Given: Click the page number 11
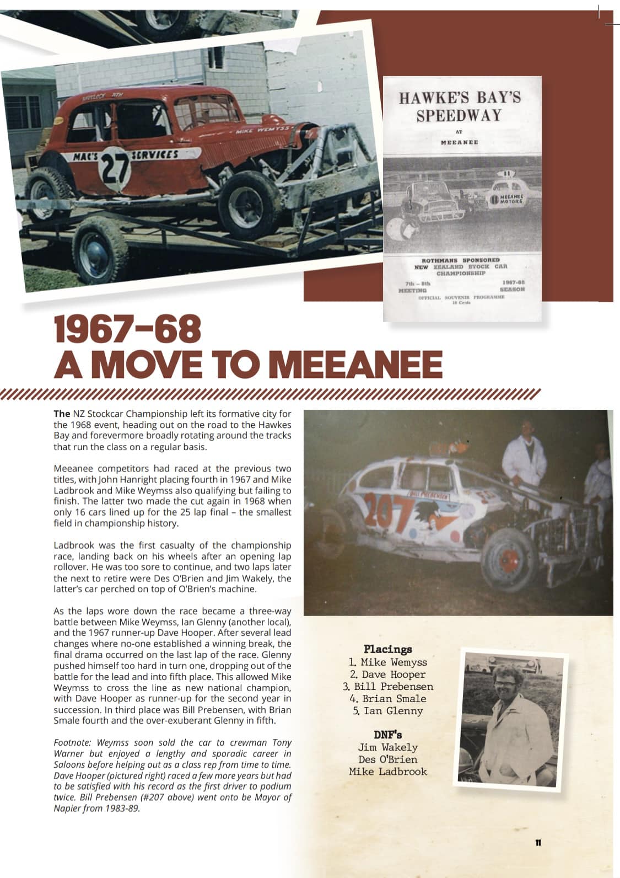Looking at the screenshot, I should click(538, 843).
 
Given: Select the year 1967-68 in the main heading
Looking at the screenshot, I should click(127, 329).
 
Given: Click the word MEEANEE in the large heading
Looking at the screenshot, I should click(358, 365).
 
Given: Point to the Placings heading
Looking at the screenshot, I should click(388, 649).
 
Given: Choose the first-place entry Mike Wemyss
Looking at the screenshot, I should click(388, 662).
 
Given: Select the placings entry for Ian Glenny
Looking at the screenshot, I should click(388, 711).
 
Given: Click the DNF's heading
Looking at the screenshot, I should click(388, 735).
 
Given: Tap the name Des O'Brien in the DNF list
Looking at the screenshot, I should click(388, 759).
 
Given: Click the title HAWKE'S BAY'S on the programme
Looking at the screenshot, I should click(460, 98).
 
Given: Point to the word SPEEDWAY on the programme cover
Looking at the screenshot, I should click(459, 116).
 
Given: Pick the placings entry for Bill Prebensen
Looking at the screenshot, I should click(388, 687).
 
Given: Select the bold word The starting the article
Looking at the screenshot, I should click(62, 414).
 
